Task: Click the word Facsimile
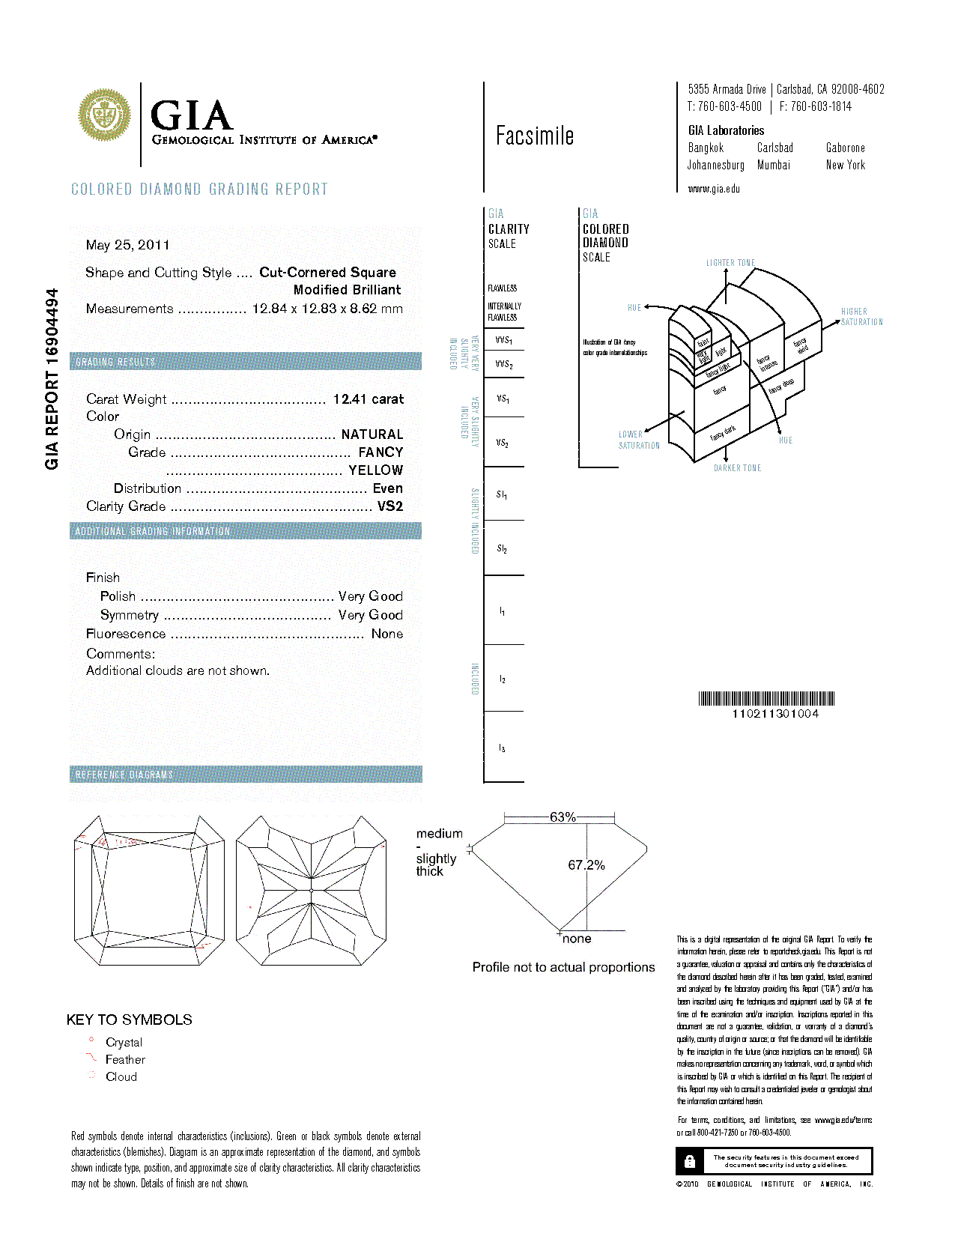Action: coord(535,136)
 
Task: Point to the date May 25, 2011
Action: coord(127,245)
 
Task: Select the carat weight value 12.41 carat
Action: coord(368,399)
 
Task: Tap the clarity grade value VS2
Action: coord(389,506)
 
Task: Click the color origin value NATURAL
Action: coord(372,434)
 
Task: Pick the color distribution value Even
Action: coord(387,488)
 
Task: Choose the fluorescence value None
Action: coord(386,634)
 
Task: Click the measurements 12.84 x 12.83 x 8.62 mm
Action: coord(327,309)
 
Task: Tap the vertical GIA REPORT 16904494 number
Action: coord(52,379)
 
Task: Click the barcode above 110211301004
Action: coord(766,699)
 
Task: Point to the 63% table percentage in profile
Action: coord(563,817)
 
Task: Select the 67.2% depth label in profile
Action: coord(586,865)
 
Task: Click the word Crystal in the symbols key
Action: coord(124,1043)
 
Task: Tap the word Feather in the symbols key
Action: coord(125,1060)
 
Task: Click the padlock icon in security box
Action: coord(690,1161)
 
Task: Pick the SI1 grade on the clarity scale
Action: coord(502,494)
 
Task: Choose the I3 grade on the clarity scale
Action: coord(502,748)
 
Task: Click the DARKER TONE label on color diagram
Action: coord(737,468)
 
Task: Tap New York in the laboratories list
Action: coord(845,165)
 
